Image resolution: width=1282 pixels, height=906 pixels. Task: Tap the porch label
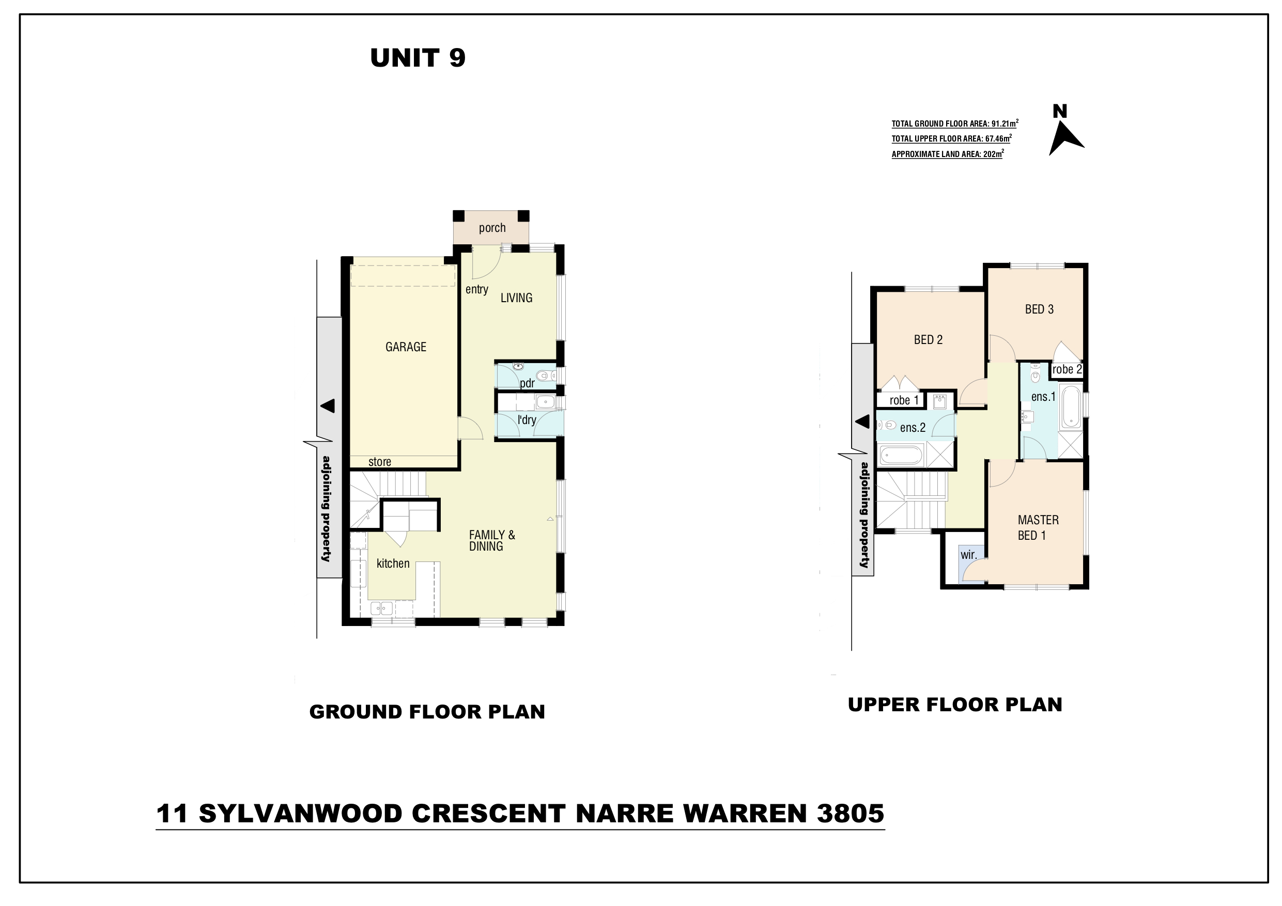point(492,228)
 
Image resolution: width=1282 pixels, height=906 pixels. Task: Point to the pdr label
point(527,383)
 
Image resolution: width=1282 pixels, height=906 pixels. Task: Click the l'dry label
point(527,420)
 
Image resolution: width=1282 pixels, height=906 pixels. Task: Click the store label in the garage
point(379,462)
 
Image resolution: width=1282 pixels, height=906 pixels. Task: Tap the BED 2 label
point(928,339)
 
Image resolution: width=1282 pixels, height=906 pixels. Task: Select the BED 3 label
point(1039,309)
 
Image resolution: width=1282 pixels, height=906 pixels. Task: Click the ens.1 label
point(1043,397)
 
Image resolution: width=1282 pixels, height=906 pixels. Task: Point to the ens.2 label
point(913,428)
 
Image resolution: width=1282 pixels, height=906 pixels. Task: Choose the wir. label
point(969,555)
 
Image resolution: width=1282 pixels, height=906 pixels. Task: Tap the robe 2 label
point(1067,369)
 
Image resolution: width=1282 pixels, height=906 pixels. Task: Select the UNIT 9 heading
point(418,58)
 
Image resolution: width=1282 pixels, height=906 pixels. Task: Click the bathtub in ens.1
point(1071,407)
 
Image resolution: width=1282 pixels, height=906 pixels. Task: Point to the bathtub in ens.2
point(901,455)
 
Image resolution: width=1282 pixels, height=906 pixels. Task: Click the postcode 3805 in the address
point(851,814)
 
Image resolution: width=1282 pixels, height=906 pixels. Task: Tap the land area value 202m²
point(993,153)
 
